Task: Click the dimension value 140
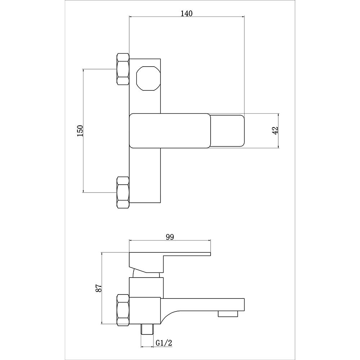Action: point(187,13)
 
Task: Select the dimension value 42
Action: point(275,131)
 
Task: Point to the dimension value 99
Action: point(170,237)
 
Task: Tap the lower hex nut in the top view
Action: point(122,192)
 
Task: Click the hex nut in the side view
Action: point(122,310)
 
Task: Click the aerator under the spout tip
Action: point(228,314)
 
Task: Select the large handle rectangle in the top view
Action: point(170,131)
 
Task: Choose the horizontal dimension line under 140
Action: point(187,17)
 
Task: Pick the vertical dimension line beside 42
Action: point(279,131)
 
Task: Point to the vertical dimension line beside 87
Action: point(103,288)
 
